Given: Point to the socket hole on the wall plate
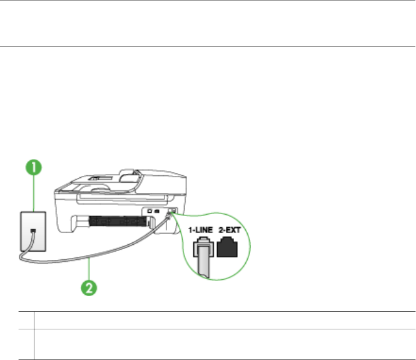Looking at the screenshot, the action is [x=33, y=232].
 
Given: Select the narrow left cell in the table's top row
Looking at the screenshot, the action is [x=24, y=321].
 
